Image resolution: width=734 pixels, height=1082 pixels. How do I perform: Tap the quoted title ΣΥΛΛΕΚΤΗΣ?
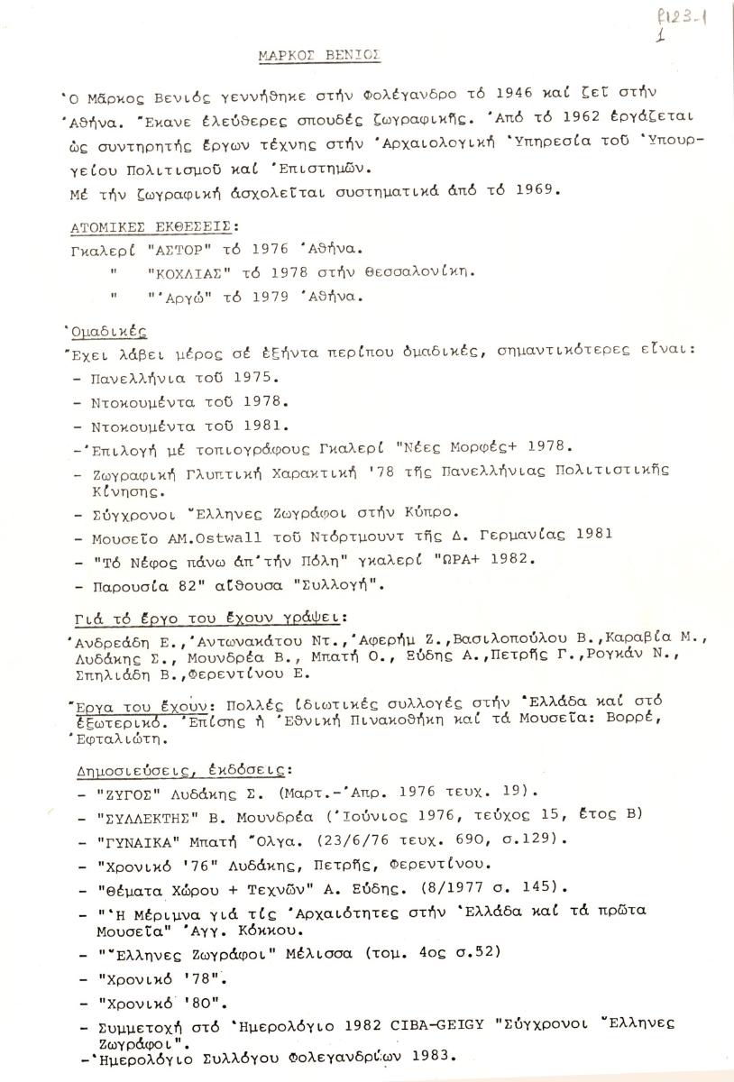pos(142,816)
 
